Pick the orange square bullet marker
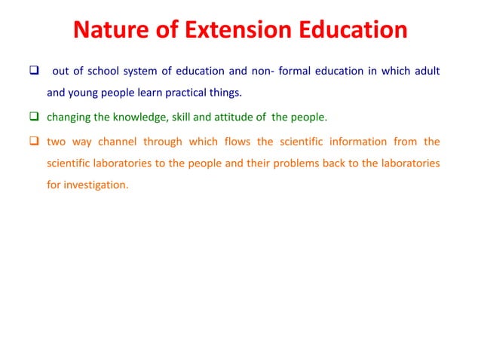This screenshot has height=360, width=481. click(34, 142)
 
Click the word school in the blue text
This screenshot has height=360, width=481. click(103, 72)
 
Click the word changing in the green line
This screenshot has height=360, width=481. click(69, 118)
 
